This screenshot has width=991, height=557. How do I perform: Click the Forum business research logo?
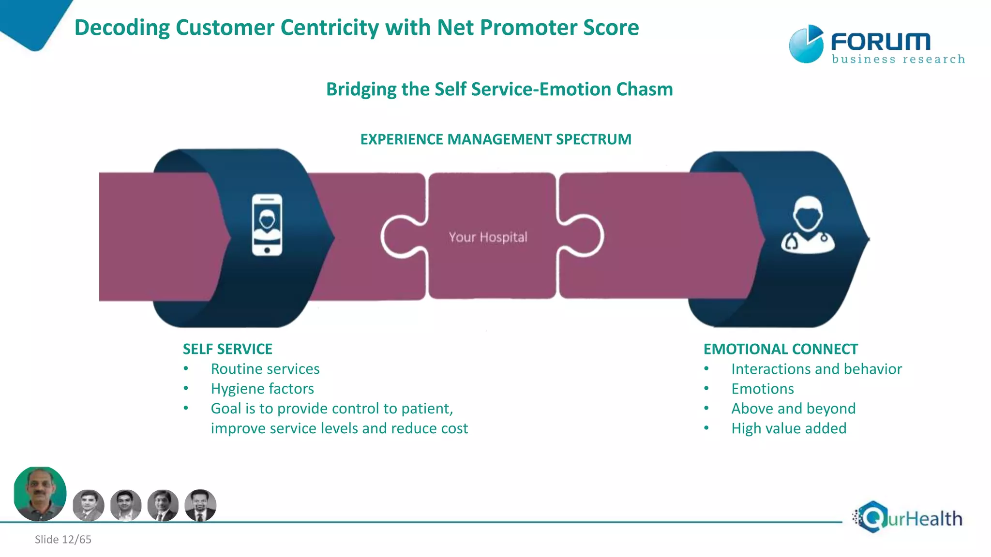pyautogui.click(x=876, y=44)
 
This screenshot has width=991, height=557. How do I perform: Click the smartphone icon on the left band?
pyautogui.click(x=267, y=224)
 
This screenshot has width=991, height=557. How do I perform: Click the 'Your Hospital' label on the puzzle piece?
pyautogui.click(x=488, y=237)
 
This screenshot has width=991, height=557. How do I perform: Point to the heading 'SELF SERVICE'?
pyautogui.click(x=227, y=349)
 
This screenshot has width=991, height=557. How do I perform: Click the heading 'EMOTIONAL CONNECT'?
pyautogui.click(x=780, y=349)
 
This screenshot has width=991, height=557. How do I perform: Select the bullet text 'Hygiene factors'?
pyautogui.click(x=262, y=388)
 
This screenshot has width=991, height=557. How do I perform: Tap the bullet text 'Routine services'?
pyautogui.click(x=265, y=368)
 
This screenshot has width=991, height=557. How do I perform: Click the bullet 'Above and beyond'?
pyautogui.click(x=793, y=408)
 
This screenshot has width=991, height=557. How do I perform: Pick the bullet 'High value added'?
pyautogui.click(x=788, y=428)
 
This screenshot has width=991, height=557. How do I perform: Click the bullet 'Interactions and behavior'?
pyautogui.click(x=816, y=368)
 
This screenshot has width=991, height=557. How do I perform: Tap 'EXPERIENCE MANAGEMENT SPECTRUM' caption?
pyautogui.click(x=495, y=139)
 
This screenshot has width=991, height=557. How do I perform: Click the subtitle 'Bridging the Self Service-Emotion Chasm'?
pyautogui.click(x=499, y=89)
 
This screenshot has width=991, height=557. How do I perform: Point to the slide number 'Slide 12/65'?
pyautogui.click(x=63, y=539)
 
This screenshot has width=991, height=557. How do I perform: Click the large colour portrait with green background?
pyautogui.click(x=40, y=494)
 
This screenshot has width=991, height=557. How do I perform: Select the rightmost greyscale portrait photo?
pyautogui.click(x=200, y=505)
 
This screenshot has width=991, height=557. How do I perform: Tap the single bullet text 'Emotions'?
pyautogui.click(x=762, y=388)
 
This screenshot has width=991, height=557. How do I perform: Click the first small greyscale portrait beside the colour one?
pyautogui.click(x=89, y=505)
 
